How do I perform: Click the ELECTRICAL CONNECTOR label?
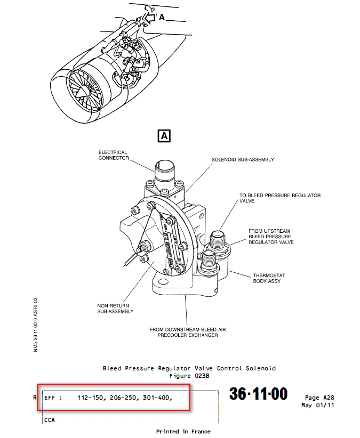[113, 155]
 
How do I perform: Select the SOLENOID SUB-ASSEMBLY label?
[243, 159]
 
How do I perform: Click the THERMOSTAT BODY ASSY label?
[269, 278]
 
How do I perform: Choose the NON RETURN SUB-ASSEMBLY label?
[115, 309]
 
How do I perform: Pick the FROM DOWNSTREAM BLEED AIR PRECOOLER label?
[188, 332]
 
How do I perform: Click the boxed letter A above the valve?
[164, 136]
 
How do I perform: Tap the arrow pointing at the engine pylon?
[151, 18]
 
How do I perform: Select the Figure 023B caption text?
[189, 375]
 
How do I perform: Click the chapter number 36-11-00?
[258, 394]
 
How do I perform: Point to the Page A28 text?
[319, 398]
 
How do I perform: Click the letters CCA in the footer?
[50, 420]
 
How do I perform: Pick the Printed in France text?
[183, 431]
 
